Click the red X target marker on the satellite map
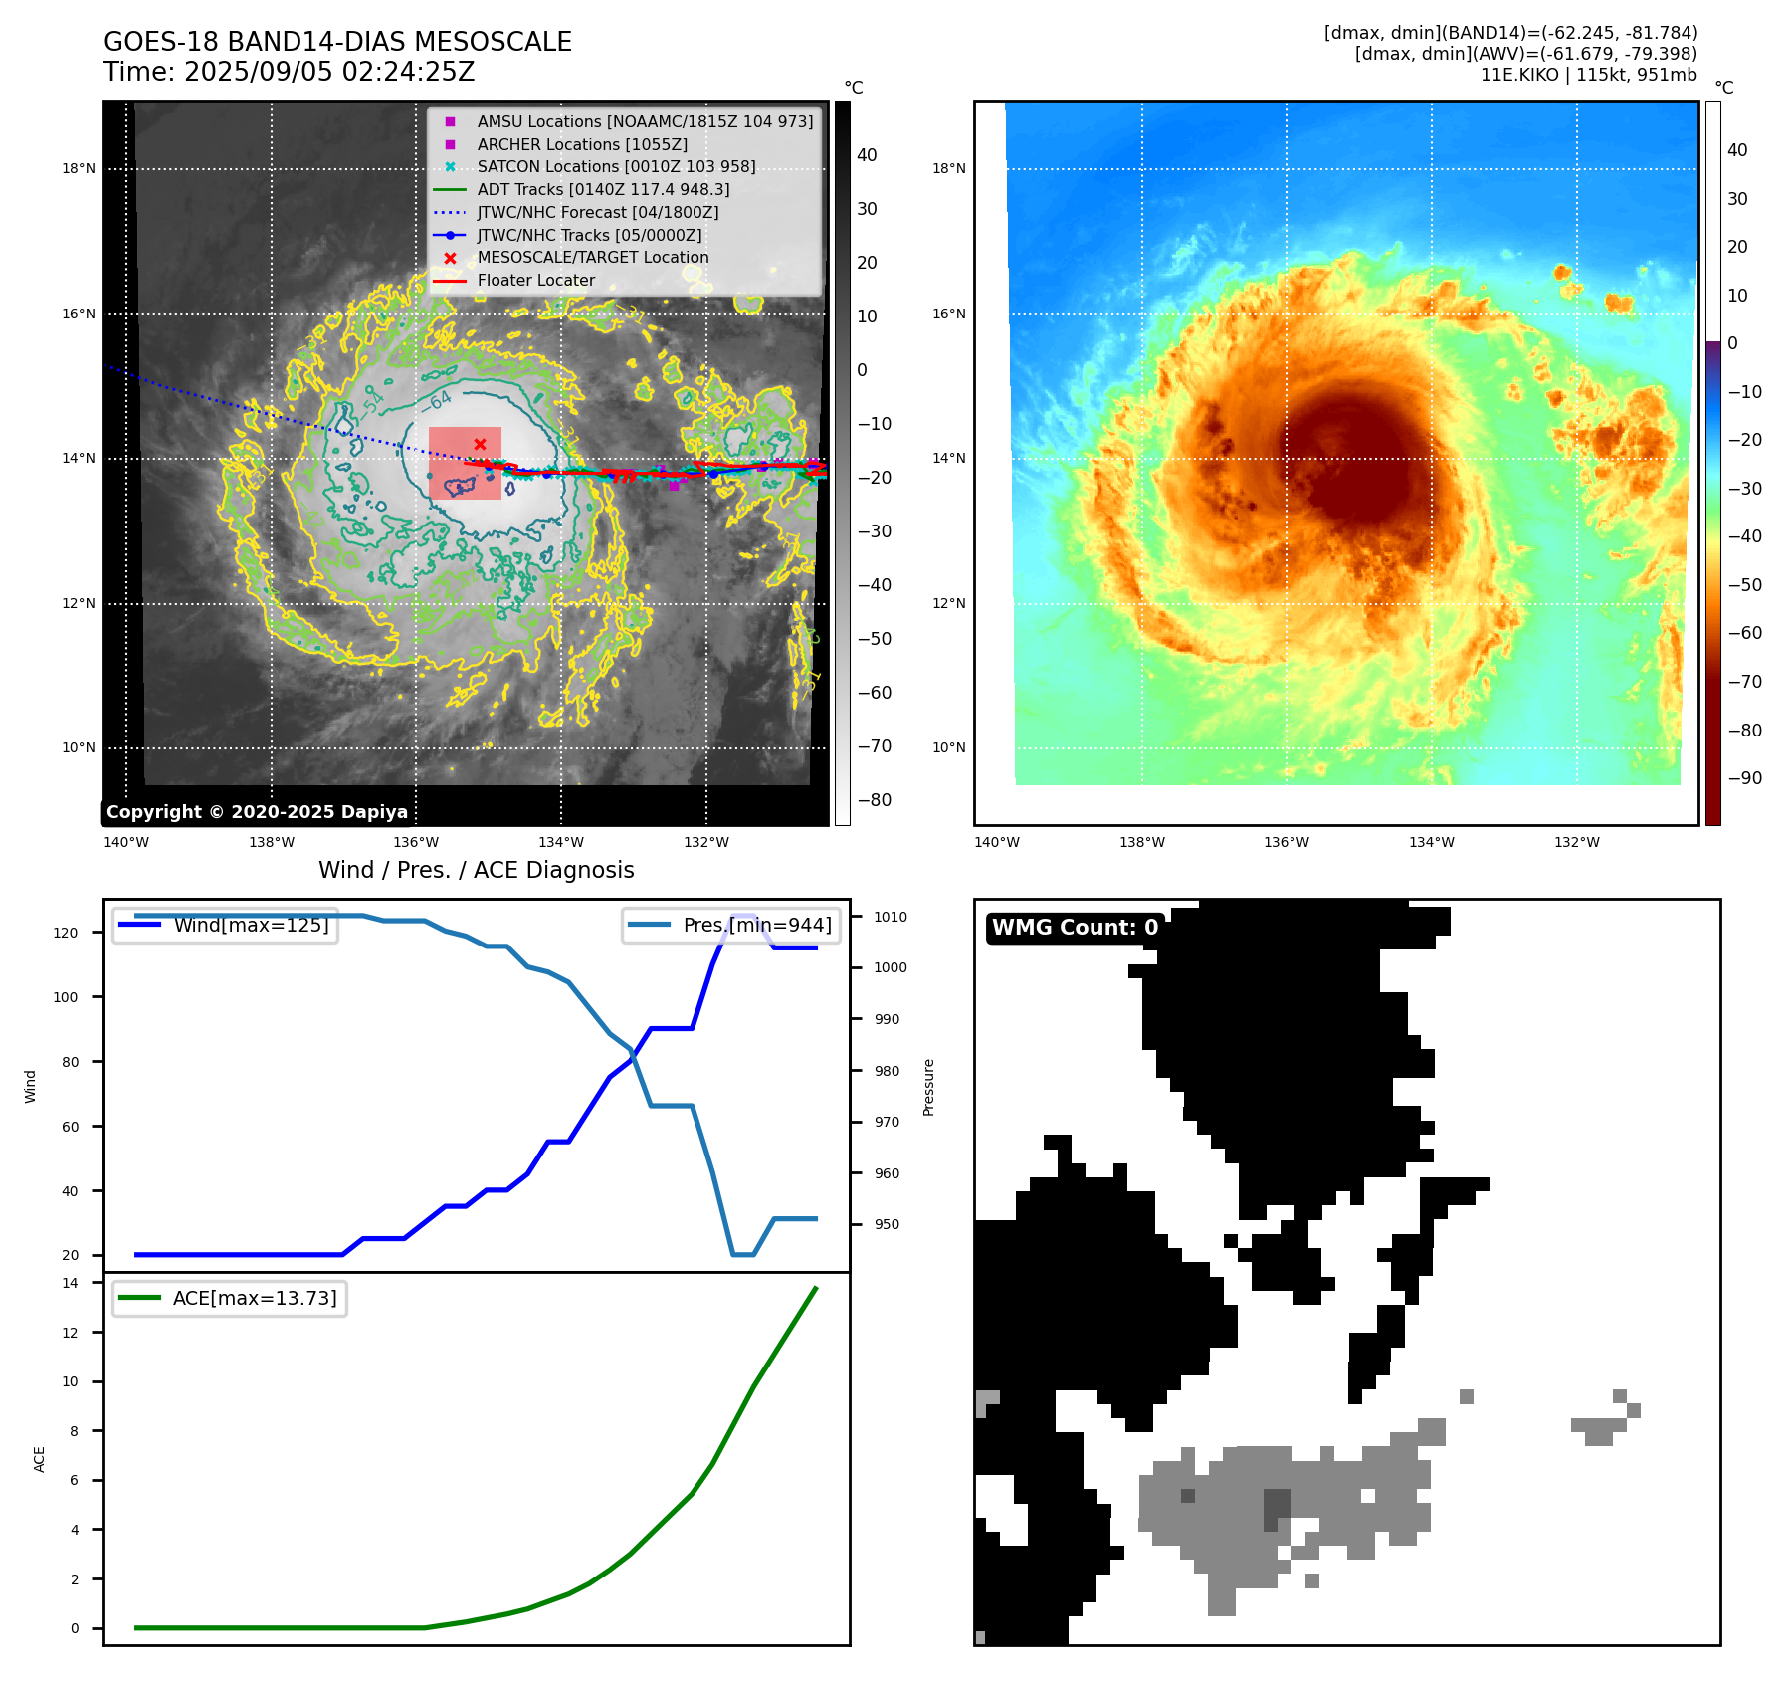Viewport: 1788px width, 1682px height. [x=480, y=444]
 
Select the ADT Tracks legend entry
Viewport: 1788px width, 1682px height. [x=603, y=189]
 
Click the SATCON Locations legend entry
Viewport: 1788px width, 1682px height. [x=616, y=166]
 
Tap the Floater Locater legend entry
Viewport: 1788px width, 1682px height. [x=535, y=280]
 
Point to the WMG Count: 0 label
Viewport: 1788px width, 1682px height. [x=1075, y=927]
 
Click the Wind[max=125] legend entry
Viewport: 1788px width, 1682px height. [x=251, y=925]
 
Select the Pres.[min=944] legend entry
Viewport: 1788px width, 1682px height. [x=756, y=925]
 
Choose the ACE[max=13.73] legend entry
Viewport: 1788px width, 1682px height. [x=255, y=1298]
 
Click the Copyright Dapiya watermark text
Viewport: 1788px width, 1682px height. [x=257, y=812]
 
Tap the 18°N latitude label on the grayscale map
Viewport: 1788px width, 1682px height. [x=79, y=168]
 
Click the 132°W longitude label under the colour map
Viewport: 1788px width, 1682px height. [x=1577, y=842]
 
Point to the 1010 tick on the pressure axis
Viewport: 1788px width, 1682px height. [x=891, y=917]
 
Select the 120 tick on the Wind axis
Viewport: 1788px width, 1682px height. [x=66, y=933]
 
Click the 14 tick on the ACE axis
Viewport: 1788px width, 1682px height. [x=70, y=1283]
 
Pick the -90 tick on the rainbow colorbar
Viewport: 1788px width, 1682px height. [x=1744, y=778]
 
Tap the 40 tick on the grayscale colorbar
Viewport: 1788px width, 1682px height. [x=867, y=155]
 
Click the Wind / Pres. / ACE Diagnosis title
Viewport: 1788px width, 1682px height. [x=476, y=870]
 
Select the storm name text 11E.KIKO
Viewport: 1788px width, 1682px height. [x=1519, y=75]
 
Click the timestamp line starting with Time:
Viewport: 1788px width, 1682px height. [x=289, y=72]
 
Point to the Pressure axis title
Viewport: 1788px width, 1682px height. [x=928, y=1086]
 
